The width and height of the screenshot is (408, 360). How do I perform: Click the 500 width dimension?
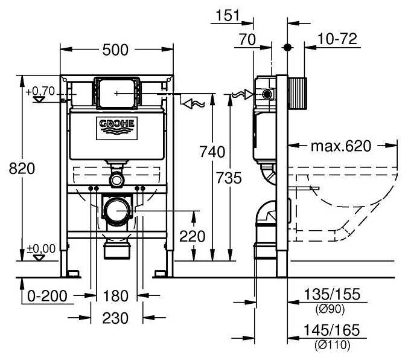point(115,50)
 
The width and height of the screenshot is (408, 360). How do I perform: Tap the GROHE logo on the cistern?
point(118,125)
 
